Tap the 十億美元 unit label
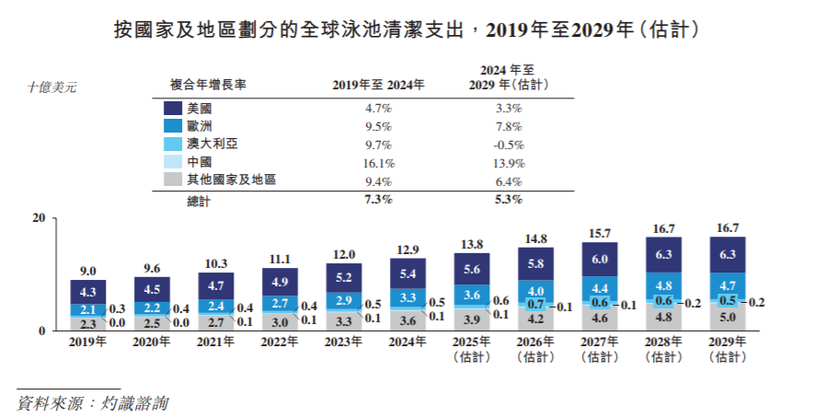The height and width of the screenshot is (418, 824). pos(52,87)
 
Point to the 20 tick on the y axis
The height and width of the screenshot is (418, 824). pos(38,218)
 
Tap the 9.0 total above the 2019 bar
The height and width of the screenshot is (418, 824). pos(87,271)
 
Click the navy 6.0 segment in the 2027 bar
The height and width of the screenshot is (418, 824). pos(600,260)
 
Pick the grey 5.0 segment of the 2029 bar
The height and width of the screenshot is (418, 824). pos(727,319)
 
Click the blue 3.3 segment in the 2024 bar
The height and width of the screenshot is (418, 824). pos(407,297)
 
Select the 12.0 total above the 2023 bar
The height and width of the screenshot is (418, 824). pos(344,254)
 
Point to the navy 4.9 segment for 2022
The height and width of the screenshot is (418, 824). pos(280,282)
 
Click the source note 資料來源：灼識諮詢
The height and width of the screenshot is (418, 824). pos(92,403)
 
